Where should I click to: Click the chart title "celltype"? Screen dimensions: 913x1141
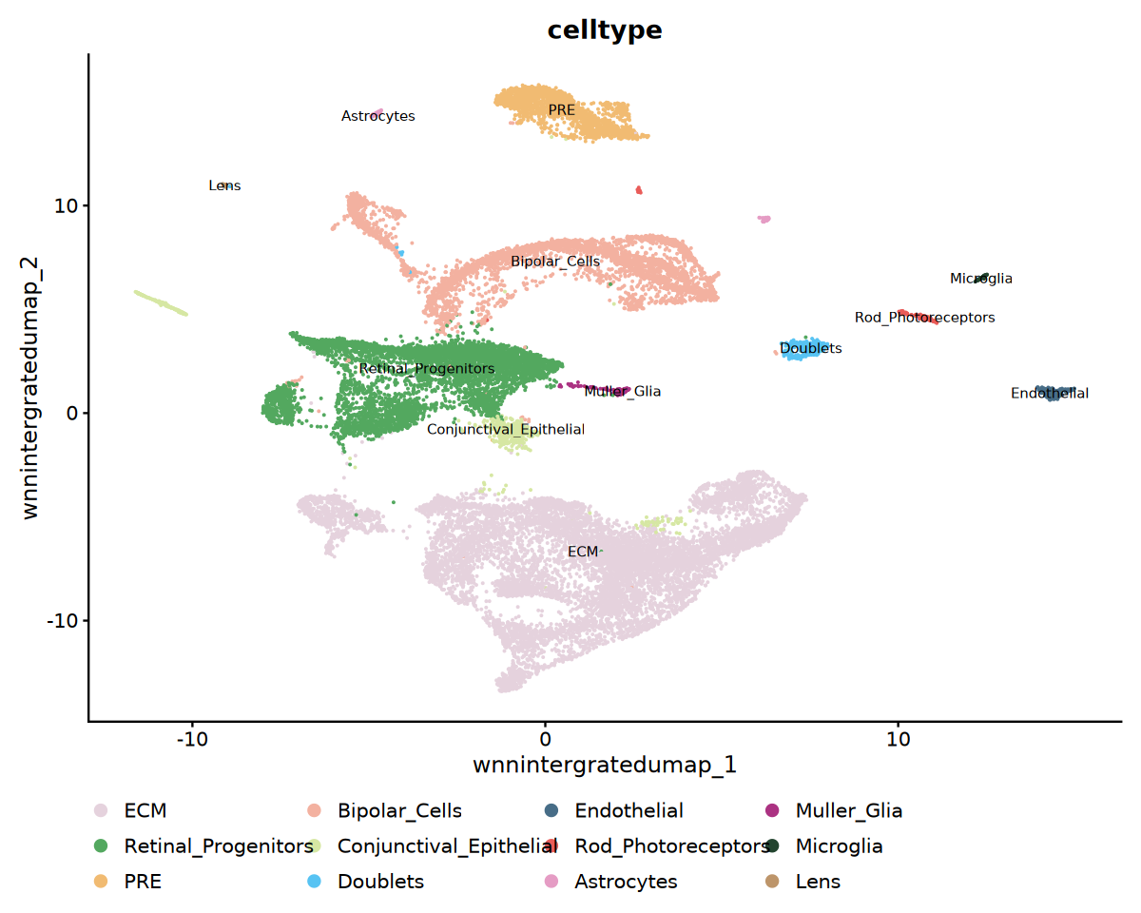tap(605, 30)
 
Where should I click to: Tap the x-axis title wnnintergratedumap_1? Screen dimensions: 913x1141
tap(605, 765)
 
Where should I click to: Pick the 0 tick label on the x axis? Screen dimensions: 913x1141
tap(545, 737)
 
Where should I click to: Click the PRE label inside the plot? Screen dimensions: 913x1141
tap(562, 110)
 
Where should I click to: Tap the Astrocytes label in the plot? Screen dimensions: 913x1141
tap(378, 116)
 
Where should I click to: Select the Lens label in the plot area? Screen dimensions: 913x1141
tap(225, 186)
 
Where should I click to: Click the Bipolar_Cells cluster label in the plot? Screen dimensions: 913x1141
tap(555, 262)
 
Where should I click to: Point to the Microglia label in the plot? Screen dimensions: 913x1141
tap(981, 279)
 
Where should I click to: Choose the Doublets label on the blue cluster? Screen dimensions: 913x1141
tap(811, 349)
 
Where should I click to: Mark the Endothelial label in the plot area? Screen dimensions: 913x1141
tap(1050, 393)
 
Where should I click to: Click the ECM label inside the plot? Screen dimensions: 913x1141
tap(583, 552)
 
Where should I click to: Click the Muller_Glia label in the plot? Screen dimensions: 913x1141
tap(623, 391)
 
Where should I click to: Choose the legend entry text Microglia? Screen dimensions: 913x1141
tap(840, 845)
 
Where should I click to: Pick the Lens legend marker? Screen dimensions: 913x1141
tap(772, 882)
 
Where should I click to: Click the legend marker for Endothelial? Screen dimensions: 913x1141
tap(552, 810)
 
